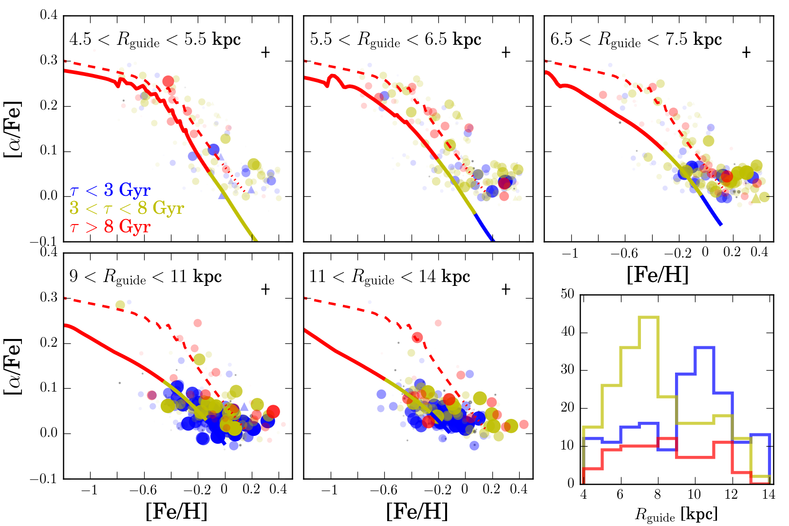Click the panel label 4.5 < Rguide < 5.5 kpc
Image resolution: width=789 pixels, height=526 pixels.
pos(155,40)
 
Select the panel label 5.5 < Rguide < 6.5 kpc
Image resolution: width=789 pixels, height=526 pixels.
pos(395,40)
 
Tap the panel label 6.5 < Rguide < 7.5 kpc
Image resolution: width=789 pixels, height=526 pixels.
pos(636,40)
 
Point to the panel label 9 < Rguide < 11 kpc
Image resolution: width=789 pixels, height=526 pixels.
pos(146,277)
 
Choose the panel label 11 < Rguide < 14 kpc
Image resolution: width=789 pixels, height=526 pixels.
pos(390,277)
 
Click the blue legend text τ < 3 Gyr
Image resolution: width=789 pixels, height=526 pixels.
pos(110,190)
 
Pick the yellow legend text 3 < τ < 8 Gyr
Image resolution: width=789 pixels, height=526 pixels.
pos(127,208)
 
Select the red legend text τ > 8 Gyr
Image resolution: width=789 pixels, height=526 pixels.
pos(110,227)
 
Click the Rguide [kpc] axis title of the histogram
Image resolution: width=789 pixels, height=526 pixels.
pos(676,514)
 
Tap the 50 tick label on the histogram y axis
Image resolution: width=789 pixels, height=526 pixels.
pos(567,294)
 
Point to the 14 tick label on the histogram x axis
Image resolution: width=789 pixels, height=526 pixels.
pos(769,495)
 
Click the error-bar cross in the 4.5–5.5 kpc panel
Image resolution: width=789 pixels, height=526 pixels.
pos(265,52)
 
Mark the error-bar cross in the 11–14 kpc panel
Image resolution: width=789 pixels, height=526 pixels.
pos(506,289)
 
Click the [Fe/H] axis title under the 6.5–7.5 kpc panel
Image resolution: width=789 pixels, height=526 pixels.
pos(657,275)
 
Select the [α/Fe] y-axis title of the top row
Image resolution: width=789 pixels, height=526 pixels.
pos(13,129)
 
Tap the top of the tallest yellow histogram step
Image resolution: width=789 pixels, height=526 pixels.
pos(649,317)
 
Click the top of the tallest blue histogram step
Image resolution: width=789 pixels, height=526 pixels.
pos(704,347)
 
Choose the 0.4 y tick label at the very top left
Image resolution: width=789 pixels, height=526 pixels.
pos(49,15)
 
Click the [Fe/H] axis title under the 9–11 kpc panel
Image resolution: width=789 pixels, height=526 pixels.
pos(176,511)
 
